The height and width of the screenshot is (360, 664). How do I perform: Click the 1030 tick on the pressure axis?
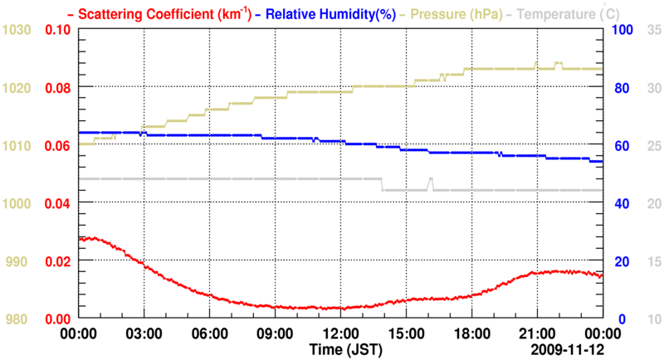point(17,30)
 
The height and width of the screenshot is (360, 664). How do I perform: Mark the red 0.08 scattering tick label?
point(57,88)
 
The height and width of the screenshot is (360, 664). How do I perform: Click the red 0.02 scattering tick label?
point(57,261)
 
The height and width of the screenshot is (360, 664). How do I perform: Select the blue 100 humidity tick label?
point(622,30)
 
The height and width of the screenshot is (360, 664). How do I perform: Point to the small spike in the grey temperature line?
point(430,179)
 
